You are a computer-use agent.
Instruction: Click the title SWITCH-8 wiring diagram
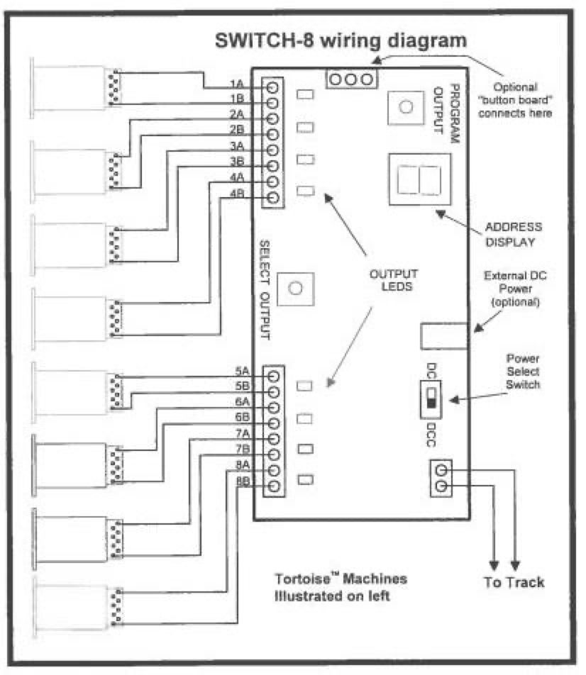tap(341, 40)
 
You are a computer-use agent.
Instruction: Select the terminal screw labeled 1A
tap(272, 87)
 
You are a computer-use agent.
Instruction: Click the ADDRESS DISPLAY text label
tap(513, 234)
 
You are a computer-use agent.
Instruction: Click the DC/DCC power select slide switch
tap(430, 400)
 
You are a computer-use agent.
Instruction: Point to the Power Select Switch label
tap(523, 372)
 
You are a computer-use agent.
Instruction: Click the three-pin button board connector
tap(350, 79)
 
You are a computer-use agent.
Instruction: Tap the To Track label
tap(514, 583)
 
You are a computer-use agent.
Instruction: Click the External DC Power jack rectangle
tap(444, 335)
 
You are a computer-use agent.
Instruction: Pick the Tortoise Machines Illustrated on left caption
tap(341, 587)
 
